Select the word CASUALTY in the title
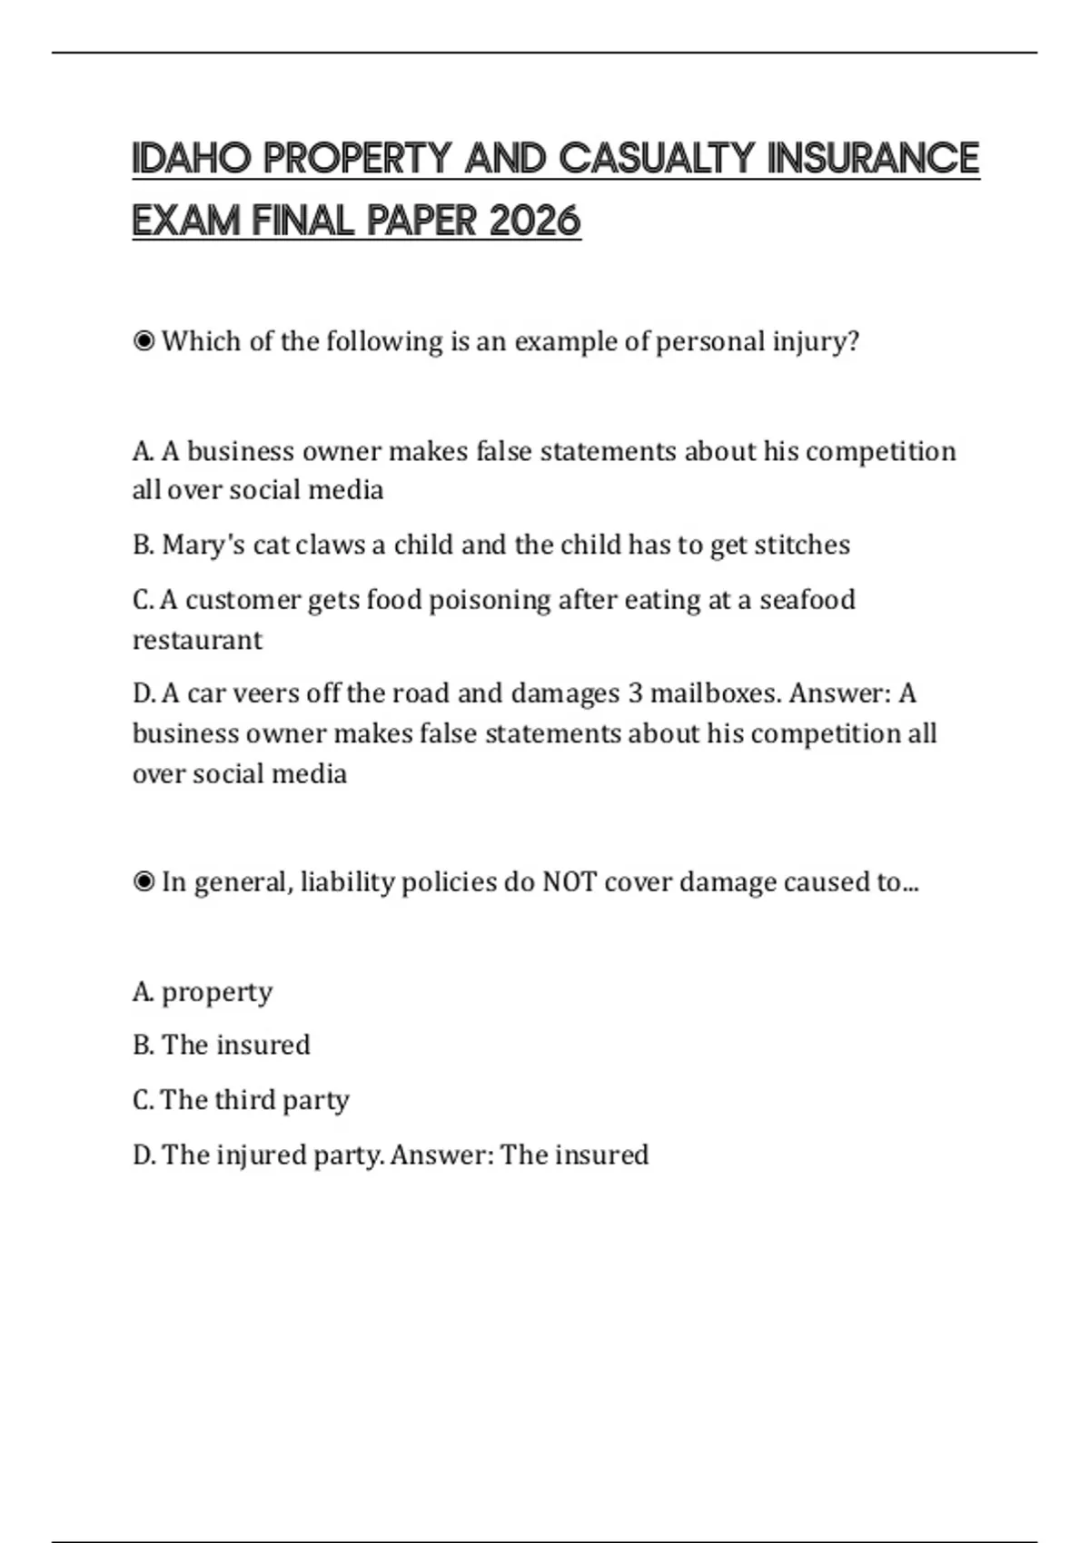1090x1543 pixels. pos(656,159)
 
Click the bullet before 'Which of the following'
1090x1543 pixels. pos(144,342)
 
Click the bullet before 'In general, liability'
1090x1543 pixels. pos(144,882)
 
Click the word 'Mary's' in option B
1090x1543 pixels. pos(203,545)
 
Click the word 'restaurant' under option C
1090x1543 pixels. pos(197,640)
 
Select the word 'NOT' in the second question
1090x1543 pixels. pos(569,882)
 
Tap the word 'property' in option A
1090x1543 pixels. pos(216,992)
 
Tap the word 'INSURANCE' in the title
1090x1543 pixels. pos(873,159)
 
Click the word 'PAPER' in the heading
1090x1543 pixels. pos(421,221)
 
